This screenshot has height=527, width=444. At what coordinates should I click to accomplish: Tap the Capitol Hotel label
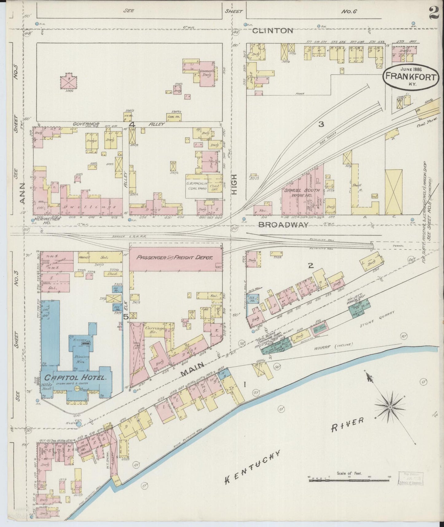pyautogui.click(x=75, y=378)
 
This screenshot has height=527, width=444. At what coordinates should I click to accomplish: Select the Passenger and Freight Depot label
pyautogui.click(x=175, y=258)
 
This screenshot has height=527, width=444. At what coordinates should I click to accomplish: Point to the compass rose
pyautogui.click(x=390, y=407)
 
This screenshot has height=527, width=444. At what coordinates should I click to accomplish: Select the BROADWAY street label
pyautogui.click(x=283, y=225)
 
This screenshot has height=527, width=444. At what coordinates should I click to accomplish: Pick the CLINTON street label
pyautogui.click(x=273, y=30)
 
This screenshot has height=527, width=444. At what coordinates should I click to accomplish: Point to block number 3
pyautogui.click(x=321, y=124)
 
